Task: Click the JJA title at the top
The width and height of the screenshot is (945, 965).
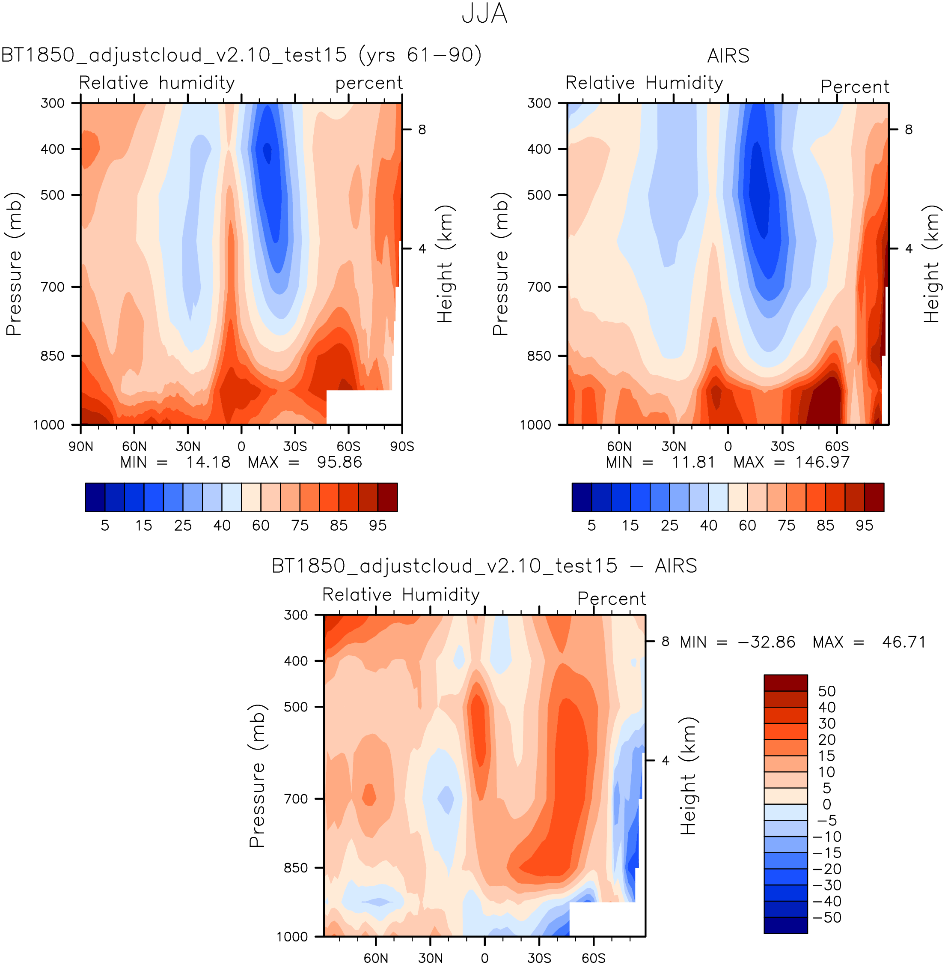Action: [484, 14]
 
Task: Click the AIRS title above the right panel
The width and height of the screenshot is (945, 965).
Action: [728, 56]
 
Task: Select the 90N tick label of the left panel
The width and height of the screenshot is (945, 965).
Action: [81, 446]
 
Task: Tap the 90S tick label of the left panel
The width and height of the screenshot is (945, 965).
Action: [401, 446]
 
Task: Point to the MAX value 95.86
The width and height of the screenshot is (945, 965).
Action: [339, 463]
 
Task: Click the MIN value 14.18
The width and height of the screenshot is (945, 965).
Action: [208, 463]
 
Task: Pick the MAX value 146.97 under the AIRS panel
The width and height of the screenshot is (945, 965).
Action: [823, 463]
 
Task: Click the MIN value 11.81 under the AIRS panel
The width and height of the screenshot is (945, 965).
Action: [693, 463]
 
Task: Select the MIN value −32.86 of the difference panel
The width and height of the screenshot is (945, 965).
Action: [767, 642]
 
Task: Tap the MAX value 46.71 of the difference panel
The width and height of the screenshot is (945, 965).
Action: [904, 642]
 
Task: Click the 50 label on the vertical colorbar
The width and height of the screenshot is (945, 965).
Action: [827, 691]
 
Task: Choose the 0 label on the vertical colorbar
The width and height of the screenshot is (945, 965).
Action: [826, 804]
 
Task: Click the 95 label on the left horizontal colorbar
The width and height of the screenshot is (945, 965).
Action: [378, 526]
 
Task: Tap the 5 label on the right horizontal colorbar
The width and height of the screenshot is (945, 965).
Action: [591, 526]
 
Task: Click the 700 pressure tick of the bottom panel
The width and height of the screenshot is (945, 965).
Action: [296, 799]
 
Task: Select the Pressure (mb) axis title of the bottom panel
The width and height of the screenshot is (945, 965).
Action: [257, 775]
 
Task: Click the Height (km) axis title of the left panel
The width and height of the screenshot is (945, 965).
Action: [445, 264]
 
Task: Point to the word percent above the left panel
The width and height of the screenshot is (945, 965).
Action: [369, 83]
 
